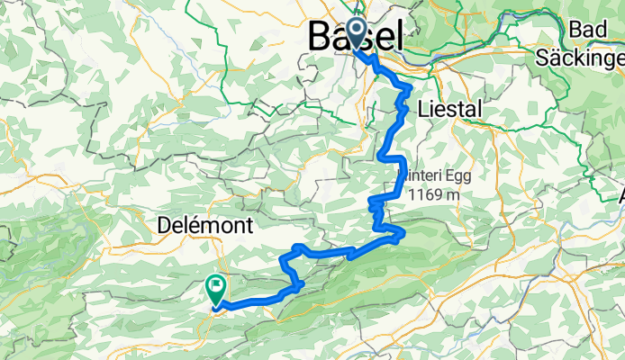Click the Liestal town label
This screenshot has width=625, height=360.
point(450,109)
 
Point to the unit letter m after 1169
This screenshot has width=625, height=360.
point(455,194)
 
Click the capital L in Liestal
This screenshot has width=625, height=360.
point(423,109)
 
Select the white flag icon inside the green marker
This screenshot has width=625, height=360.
point(217,287)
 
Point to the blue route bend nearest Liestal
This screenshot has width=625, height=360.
point(407,89)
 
